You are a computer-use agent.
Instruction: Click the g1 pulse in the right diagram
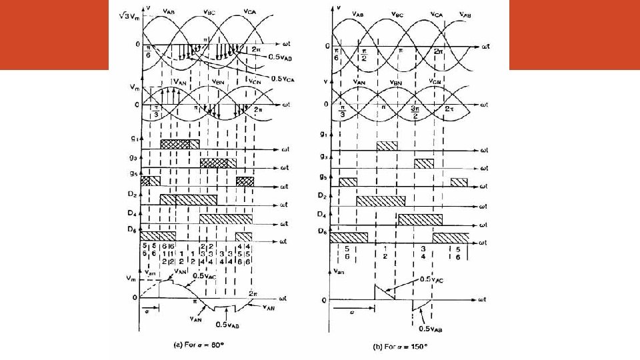pos(387,146)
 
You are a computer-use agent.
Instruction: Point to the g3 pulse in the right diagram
pos(423,164)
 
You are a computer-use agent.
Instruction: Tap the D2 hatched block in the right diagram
pos(381,201)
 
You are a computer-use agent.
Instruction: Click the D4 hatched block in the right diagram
pos(420,219)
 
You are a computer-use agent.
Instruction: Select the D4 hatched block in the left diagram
pos(226,219)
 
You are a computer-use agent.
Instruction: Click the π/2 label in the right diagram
pos(364,54)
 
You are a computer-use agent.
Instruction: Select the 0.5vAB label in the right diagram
pos(431,329)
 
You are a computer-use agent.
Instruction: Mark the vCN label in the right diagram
pos(436,82)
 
